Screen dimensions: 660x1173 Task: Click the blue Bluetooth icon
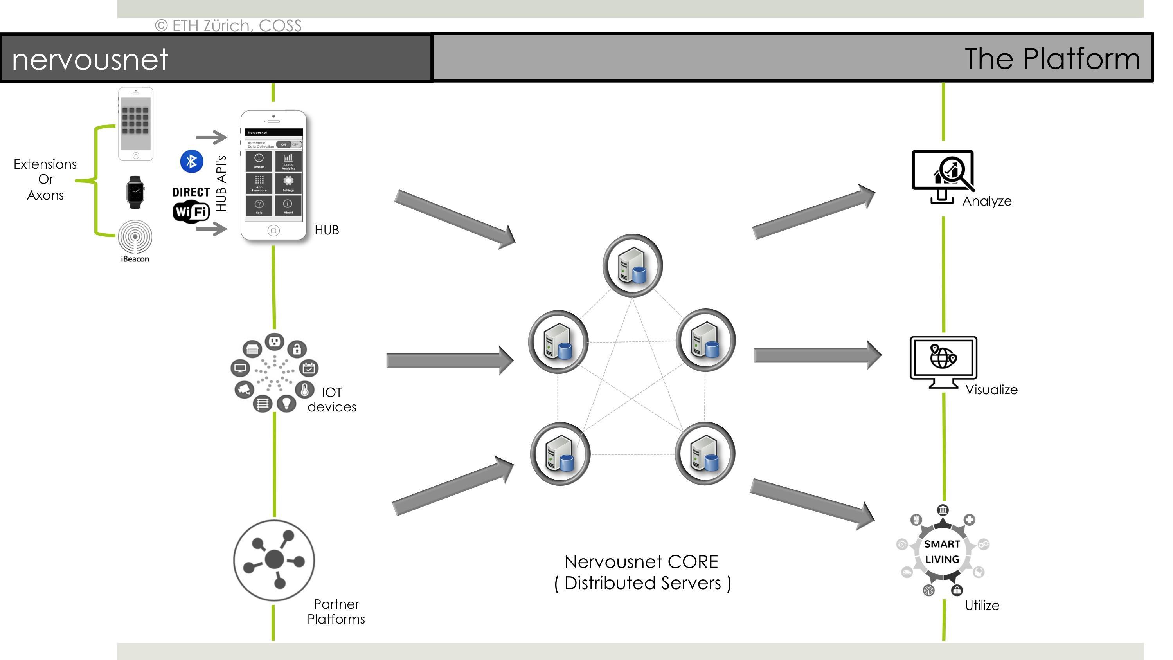pyautogui.click(x=192, y=161)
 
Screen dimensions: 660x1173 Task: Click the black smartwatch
pyautogui.click(x=135, y=192)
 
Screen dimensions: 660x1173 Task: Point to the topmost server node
pyautogui.click(x=633, y=265)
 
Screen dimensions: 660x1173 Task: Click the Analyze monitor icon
pyautogui.click(x=943, y=175)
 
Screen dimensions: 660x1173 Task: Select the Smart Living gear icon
pyautogui.click(x=942, y=552)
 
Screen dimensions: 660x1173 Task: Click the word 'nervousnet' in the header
pyautogui.click(x=90, y=59)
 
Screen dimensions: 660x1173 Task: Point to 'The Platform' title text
pyautogui.click(x=1052, y=59)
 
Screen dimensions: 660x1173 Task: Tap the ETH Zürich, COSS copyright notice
pyautogui.click(x=228, y=25)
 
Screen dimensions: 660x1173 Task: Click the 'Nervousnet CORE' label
pyautogui.click(x=641, y=562)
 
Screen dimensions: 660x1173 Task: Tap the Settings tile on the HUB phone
pyautogui.click(x=288, y=183)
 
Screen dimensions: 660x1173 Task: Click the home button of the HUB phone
pyautogui.click(x=273, y=231)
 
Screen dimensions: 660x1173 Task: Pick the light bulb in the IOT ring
pyautogui.click(x=286, y=403)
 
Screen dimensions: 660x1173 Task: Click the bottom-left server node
pyautogui.click(x=560, y=454)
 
